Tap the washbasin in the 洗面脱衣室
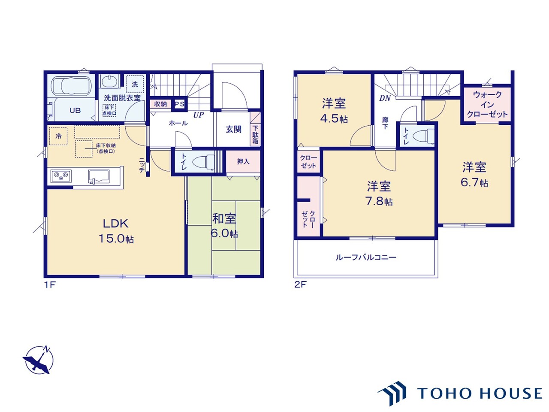(x=109, y=81)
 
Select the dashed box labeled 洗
(x=135, y=84)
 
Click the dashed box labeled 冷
(x=58, y=136)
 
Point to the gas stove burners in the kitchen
(x=61, y=176)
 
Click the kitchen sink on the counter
(x=99, y=177)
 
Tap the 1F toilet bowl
(x=203, y=162)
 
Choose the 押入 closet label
(x=243, y=162)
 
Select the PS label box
(x=179, y=104)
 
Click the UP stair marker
(x=199, y=115)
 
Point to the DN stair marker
(x=385, y=98)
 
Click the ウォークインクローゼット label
(x=487, y=105)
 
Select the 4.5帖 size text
(x=334, y=118)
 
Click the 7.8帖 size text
(x=379, y=201)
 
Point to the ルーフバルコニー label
(x=366, y=257)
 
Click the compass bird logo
(x=39, y=360)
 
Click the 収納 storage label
(x=160, y=104)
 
